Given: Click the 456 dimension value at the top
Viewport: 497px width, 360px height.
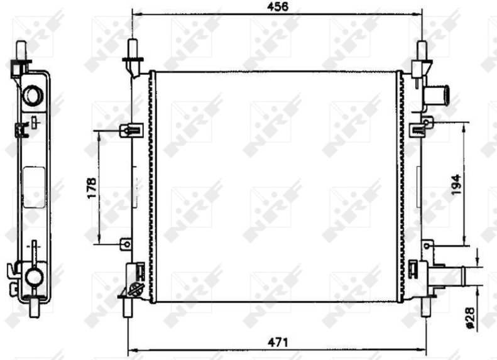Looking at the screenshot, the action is coord(278,6).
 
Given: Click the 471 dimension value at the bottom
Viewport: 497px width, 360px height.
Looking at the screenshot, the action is coord(278,342).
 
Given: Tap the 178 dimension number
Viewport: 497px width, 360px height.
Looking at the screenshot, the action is coord(92,188).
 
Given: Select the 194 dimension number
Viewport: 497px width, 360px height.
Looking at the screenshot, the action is coord(456,185).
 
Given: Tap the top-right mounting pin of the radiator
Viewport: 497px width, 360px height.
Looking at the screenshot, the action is coord(422,51).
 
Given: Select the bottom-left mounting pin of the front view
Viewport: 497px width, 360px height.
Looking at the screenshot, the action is coord(128,307).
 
